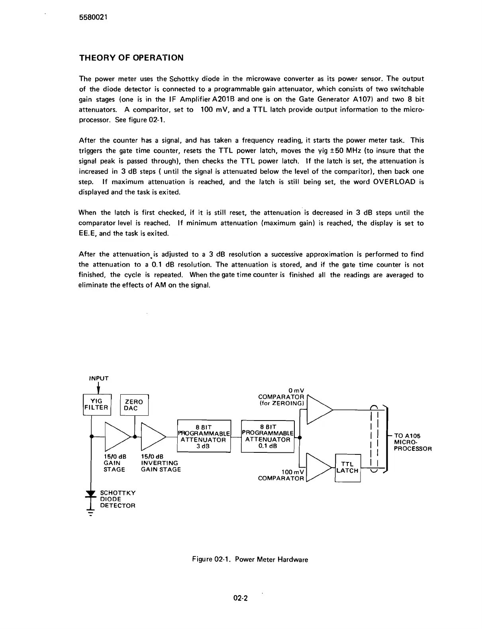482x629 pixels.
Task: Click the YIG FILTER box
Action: pos(96,404)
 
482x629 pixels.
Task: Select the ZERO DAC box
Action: pos(134,405)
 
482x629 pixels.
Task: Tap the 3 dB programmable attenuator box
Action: pos(204,436)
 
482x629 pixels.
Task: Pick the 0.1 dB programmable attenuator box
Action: pos(268,436)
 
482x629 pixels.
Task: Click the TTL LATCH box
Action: pos(347,468)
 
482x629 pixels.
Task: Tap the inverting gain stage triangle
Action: pos(153,436)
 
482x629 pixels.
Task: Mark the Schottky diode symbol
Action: pos(92,495)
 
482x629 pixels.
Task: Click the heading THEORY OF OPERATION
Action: pos(131,58)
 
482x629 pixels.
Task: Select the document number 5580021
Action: pos(94,18)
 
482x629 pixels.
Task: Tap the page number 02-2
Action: pos(241,598)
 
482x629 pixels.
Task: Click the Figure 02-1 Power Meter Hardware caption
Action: pos(250,559)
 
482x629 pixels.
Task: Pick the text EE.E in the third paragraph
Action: pos(88,234)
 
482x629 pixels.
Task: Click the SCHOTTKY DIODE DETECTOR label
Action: pos(118,499)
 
